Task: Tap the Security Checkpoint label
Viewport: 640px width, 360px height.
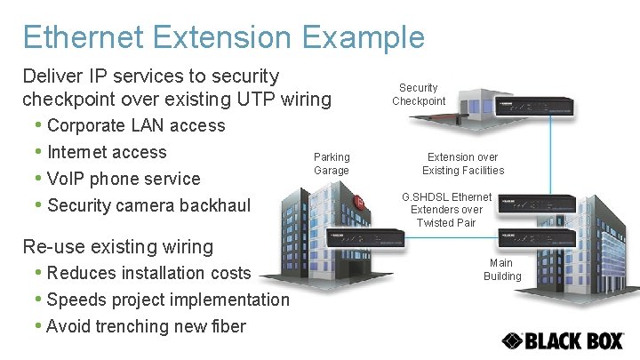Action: click(418, 94)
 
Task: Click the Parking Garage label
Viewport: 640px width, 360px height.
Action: click(332, 164)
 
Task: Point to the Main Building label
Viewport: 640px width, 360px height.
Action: click(502, 269)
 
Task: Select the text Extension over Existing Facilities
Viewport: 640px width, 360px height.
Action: click(463, 164)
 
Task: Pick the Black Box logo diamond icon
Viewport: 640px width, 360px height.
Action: click(512, 340)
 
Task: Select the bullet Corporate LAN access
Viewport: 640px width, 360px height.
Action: click(136, 125)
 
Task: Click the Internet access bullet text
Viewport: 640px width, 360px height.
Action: click(107, 152)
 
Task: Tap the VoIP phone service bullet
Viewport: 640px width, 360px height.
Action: click(124, 179)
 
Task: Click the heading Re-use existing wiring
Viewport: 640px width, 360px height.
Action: click(118, 246)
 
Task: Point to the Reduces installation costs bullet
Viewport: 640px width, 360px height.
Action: click(148, 273)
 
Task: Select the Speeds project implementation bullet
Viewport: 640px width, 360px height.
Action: click(168, 300)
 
